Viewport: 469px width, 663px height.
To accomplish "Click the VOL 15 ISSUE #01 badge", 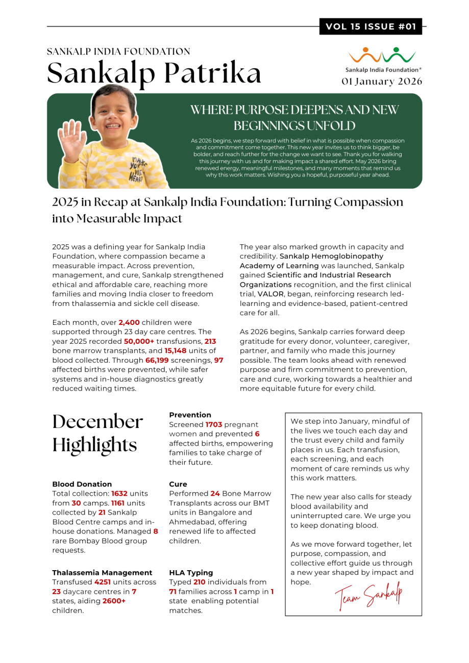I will click(371, 27).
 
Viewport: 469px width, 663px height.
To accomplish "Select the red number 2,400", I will click(129, 322).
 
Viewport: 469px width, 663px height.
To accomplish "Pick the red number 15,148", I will click(176, 351).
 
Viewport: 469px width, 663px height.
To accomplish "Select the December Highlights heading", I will click(98, 433).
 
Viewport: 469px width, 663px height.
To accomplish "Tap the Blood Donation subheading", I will click(82, 484).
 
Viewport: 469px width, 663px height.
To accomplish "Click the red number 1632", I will click(119, 494).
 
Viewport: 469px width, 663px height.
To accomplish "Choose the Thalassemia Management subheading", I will click(102, 573).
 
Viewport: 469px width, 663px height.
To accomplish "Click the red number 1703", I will click(214, 424).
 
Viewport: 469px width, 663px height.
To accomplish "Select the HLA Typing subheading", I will click(191, 573).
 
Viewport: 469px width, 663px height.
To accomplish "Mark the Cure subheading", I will click(178, 484).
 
